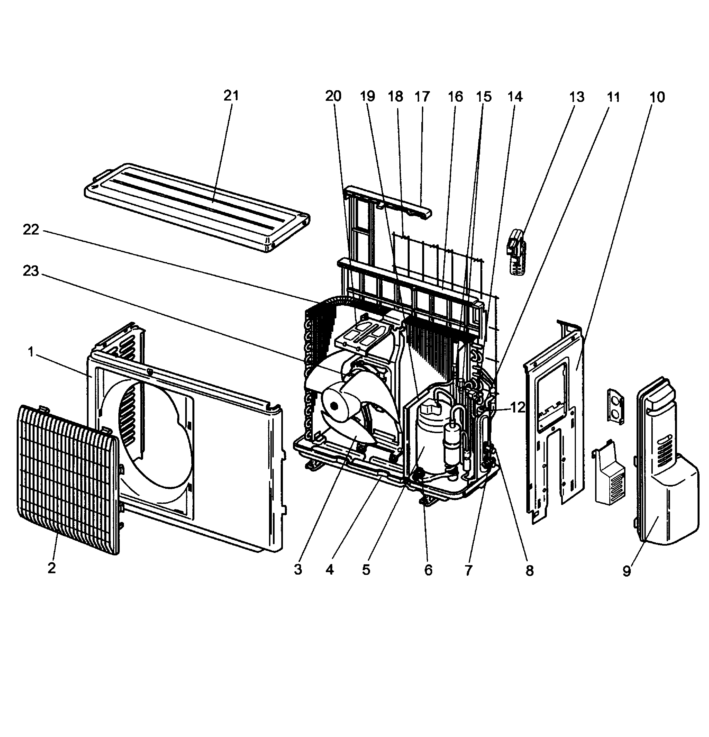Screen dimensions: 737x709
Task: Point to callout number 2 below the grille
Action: [52, 568]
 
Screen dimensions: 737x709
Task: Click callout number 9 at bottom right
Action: [626, 571]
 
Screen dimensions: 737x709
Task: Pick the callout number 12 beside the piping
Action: [517, 407]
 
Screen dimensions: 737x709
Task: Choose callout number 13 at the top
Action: [577, 97]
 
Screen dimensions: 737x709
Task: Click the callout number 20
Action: [333, 97]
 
